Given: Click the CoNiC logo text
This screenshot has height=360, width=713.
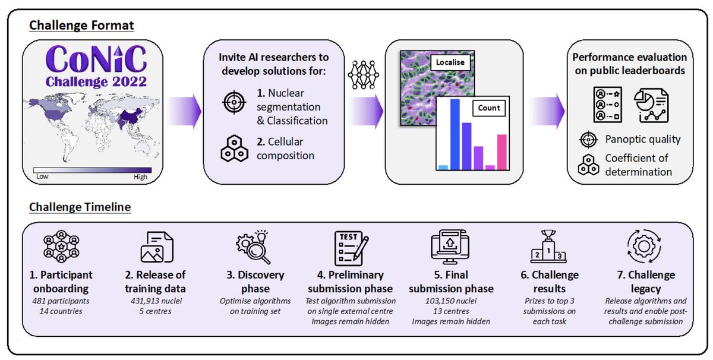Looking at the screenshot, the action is coord(96,59).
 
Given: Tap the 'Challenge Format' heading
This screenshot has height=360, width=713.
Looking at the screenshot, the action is coord(81,26).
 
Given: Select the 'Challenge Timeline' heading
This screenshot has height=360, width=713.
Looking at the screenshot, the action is coord(80,207).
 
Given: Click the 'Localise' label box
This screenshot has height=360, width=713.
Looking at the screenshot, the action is coord(450,62).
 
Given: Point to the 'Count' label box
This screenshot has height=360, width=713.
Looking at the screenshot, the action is coord(489,108).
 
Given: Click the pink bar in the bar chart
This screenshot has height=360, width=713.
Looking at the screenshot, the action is coord(501,152).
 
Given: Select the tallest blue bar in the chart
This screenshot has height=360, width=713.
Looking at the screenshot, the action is coord(455,134).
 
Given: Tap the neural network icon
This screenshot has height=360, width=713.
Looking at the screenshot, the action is coord(363,75).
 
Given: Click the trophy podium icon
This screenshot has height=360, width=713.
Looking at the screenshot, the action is coord(548,247).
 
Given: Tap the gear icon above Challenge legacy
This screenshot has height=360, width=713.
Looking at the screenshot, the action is coord(644,247).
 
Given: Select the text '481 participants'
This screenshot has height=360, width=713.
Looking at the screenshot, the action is coord(61,301).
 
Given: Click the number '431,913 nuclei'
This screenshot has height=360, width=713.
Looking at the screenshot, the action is coord(156,301).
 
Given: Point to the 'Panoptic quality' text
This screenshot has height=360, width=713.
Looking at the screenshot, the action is coord(643,139).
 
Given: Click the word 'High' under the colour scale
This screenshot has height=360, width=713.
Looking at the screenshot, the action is coord(140,177).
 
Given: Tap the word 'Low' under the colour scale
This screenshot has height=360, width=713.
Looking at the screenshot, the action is coord(42,176).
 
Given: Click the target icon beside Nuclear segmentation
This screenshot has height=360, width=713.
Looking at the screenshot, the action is coord(234,102).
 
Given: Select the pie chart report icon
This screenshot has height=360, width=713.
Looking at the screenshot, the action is coord(651,105).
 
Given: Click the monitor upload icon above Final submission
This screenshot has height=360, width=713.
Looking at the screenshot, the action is coord(450,247).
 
